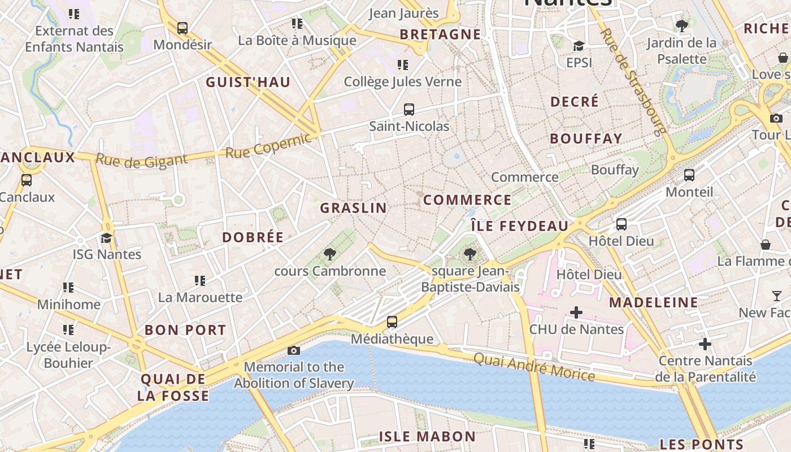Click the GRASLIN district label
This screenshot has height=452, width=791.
tap(354, 208)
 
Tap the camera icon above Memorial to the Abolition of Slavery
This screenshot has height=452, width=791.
tap(294, 350)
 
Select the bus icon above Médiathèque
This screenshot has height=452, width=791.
tap(392, 322)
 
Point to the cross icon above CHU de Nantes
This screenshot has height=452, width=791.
tap(576, 312)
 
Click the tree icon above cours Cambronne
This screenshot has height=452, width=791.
tap(330, 254)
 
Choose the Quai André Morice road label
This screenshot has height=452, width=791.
tap(534, 367)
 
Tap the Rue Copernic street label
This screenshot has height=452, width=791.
tap(268, 145)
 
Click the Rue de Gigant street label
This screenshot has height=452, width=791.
tap(141, 160)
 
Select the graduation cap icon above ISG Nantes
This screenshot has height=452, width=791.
tap(107, 238)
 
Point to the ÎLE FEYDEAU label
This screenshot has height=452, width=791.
tap(520, 226)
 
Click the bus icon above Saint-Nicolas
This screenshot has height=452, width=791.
tap(409, 110)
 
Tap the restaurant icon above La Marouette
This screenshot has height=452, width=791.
tap(199, 280)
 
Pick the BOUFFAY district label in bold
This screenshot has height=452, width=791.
tap(586, 138)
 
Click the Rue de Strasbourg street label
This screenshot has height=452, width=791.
tap(633, 82)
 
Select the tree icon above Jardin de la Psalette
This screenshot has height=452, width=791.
tap(682, 25)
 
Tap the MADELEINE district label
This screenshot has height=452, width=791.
tap(654, 302)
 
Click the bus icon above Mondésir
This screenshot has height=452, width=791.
tap(182, 28)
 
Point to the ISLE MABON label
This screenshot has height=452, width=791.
tap(427, 436)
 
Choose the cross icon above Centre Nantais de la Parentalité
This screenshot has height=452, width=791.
tap(705, 344)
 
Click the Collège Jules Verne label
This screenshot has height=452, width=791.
tap(403, 81)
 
